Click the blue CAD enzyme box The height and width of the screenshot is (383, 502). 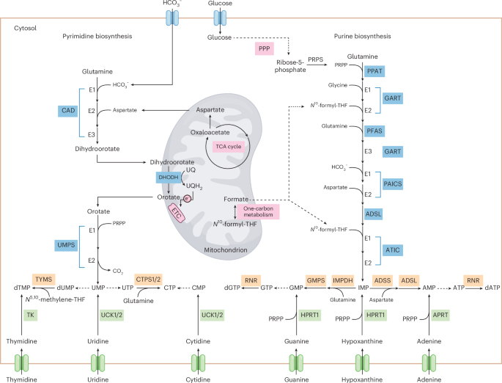[x=68, y=111]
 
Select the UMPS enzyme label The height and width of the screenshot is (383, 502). [x=66, y=245]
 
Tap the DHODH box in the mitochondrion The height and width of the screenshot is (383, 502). [x=169, y=178]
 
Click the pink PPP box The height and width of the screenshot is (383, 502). [x=264, y=48]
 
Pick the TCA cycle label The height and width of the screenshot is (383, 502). [x=228, y=147]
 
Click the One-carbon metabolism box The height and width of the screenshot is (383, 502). [x=258, y=212]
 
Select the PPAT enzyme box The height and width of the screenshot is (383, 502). [x=374, y=71]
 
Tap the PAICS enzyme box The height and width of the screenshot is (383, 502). [x=393, y=184]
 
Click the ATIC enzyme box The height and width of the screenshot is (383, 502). [x=393, y=250]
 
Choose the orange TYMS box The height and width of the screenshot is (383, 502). [x=43, y=280]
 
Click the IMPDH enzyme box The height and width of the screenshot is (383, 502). [x=342, y=281]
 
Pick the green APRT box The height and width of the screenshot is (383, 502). [x=440, y=315]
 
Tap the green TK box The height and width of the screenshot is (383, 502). [x=31, y=315]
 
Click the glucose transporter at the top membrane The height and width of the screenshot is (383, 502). [x=220, y=18]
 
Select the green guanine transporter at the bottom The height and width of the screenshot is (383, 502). [x=297, y=363]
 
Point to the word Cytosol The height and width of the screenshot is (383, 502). [x=26, y=28]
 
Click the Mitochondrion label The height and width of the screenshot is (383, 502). [x=226, y=250]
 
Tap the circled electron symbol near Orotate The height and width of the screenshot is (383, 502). [x=188, y=199]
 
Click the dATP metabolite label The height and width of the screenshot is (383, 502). [x=492, y=288]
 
